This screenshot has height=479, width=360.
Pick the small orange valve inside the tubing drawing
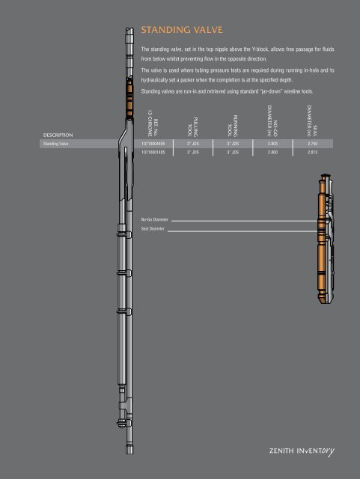(x=125, y=100)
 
